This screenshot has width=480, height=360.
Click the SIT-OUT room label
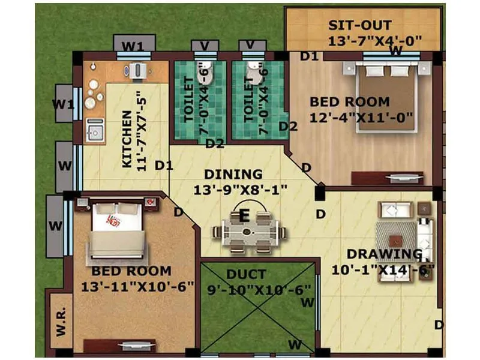[x=360, y=26]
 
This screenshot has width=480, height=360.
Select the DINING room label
[x=233, y=175]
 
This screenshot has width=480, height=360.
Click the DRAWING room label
[x=384, y=254]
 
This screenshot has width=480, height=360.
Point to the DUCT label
[x=246, y=275]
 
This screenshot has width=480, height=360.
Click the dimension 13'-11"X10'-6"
[x=135, y=287]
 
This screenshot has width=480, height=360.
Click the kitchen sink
[x=94, y=130]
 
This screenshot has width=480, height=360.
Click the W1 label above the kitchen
[x=133, y=46]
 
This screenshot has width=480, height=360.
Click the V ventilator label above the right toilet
[x=251, y=46]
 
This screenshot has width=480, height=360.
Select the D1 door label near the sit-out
[x=308, y=56]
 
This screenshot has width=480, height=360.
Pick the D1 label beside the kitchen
[x=163, y=164]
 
